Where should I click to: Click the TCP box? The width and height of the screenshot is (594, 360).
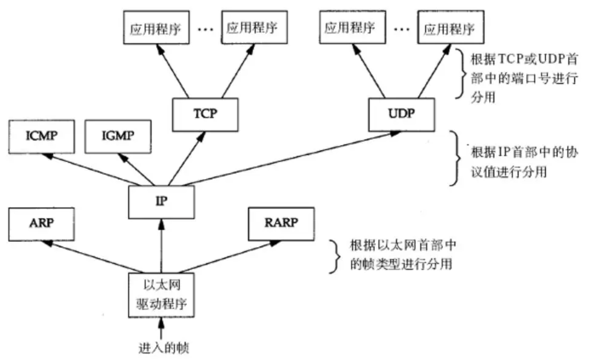(x=205, y=115)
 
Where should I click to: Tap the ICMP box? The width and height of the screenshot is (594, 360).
(x=41, y=136)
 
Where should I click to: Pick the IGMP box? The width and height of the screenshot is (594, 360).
(x=117, y=136)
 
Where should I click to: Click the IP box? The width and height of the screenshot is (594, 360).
(x=161, y=201)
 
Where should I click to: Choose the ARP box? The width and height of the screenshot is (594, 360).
(x=41, y=224)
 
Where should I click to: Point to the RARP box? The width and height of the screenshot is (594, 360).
(x=280, y=224)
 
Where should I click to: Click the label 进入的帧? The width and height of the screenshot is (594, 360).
(x=160, y=348)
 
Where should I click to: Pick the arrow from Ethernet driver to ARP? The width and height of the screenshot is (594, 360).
(x=93, y=257)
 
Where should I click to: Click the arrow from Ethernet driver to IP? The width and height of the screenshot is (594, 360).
(x=161, y=246)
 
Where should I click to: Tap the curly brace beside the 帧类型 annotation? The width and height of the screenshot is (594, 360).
(x=335, y=255)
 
